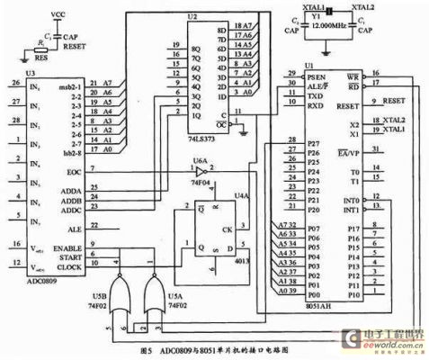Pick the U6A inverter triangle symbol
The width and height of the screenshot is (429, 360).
click(x=199, y=171)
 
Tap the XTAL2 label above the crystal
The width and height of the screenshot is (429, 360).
click(x=360, y=7)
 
